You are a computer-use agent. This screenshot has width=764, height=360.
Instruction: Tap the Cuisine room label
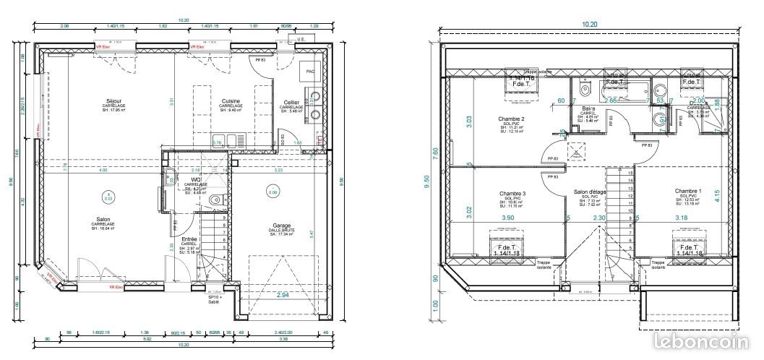click(x=231, y=101)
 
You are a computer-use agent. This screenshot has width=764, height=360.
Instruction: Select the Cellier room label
click(x=292, y=103)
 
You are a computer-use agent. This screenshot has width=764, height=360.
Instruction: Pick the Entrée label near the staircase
click(x=189, y=239)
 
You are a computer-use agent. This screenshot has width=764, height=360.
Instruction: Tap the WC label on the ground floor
click(x=195, y=180)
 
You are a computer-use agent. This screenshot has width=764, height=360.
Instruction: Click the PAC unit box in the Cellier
click(x=310, y=72)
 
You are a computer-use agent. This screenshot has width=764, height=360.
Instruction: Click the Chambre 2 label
click(x=511, y=119)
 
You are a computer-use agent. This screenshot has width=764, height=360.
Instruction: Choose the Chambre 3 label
click(x=512, y=193)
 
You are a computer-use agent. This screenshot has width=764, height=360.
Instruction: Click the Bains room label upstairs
click(x=588, y=108)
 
